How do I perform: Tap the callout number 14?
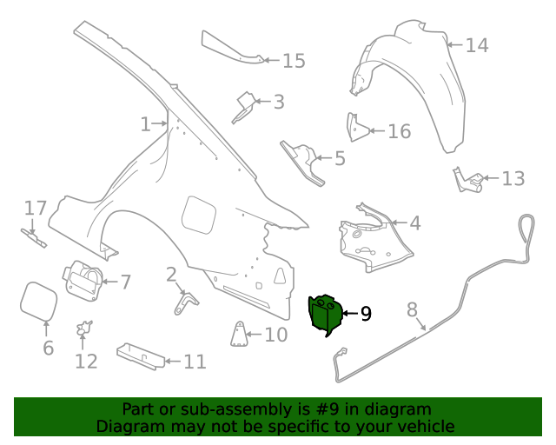[476, 45]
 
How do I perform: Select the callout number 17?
[35, 208]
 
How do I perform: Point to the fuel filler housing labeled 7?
[81, 279]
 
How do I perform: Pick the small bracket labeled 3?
[244, 107]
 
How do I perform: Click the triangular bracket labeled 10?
[236, 334]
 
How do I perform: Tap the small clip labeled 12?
[84, 329]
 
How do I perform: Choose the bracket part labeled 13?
[467, 180]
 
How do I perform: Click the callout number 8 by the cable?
[412, 309]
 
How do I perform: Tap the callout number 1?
[145, 124]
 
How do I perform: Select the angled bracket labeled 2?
[186, 301]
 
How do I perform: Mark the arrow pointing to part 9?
[349, 313]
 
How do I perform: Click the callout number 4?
[414, 223]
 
